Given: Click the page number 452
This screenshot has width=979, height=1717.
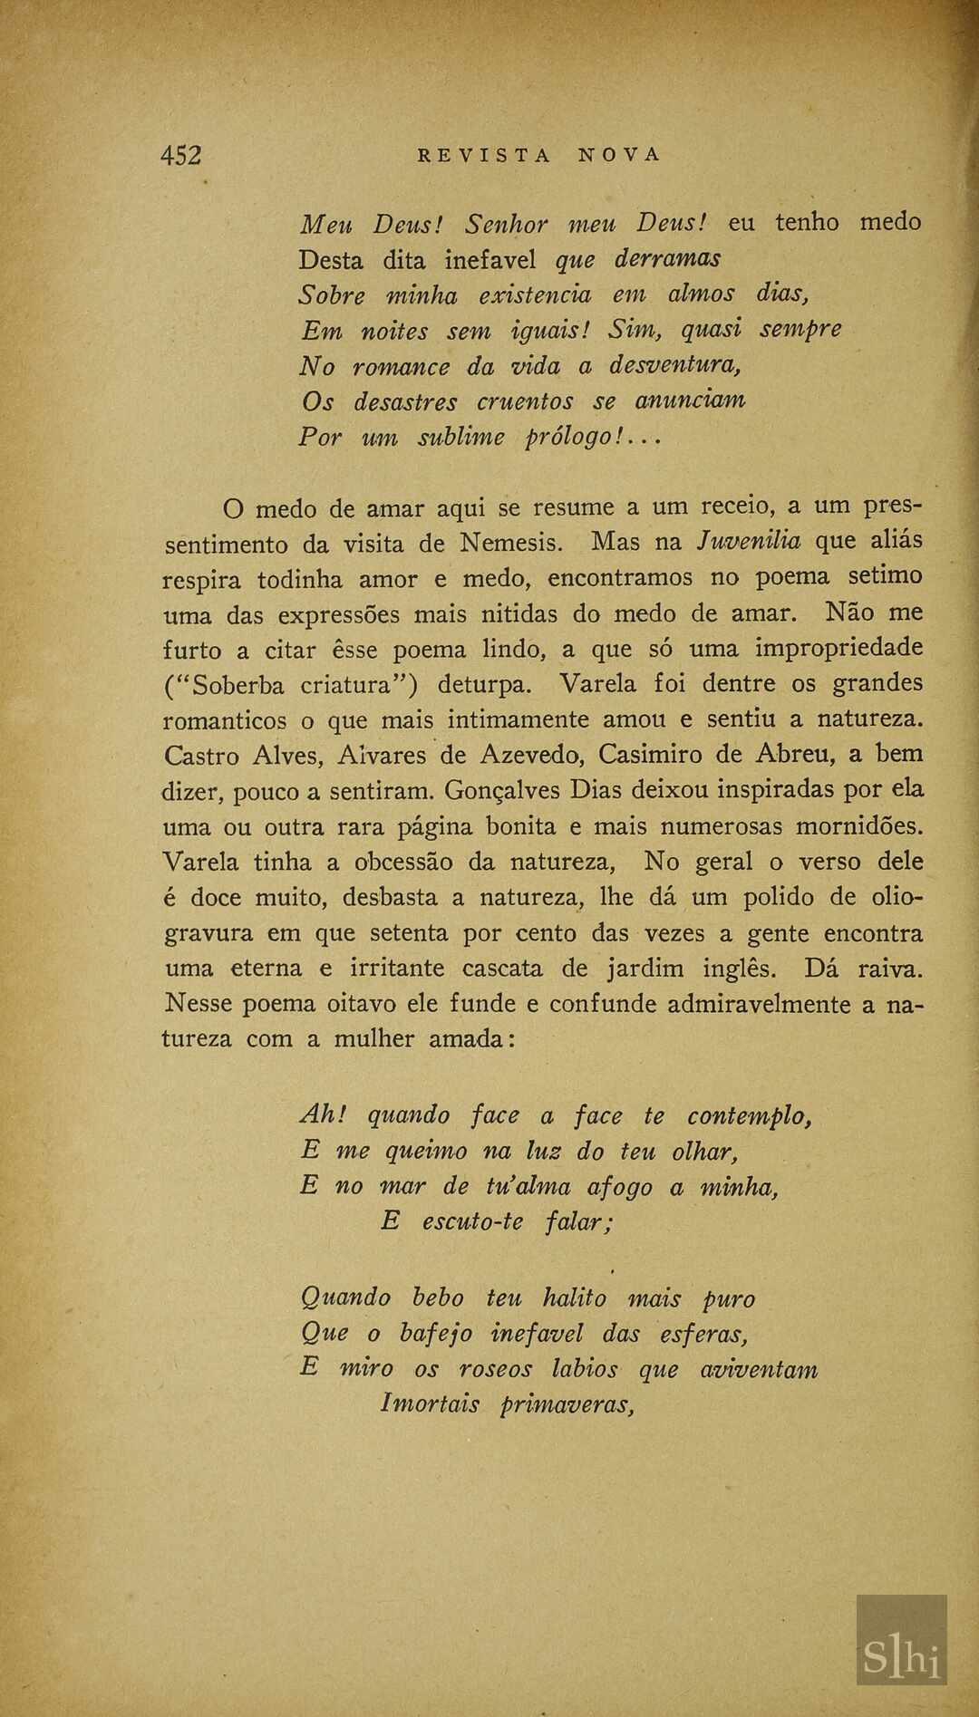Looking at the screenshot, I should click(180, 155).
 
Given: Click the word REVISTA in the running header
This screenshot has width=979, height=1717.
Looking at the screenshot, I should click(484, 155).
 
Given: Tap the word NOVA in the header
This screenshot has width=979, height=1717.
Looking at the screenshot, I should click(620, 155).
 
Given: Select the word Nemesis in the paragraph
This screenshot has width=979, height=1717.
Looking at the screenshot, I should click(510, 543).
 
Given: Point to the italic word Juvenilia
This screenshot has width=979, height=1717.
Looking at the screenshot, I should click(748, 541).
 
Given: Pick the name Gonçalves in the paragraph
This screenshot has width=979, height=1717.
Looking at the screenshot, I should click(501, 790).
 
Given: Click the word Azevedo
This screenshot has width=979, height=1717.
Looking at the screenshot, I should click(528, 755).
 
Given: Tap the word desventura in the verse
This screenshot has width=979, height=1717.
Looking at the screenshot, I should click(674, 365).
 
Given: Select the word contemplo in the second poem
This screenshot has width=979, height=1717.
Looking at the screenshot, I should click(748, 1116).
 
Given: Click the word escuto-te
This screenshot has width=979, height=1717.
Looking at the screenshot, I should click(472, 1221).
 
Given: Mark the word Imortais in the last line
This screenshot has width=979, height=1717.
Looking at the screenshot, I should click(430, 1404).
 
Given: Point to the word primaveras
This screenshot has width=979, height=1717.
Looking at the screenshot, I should click(566, 1404).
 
